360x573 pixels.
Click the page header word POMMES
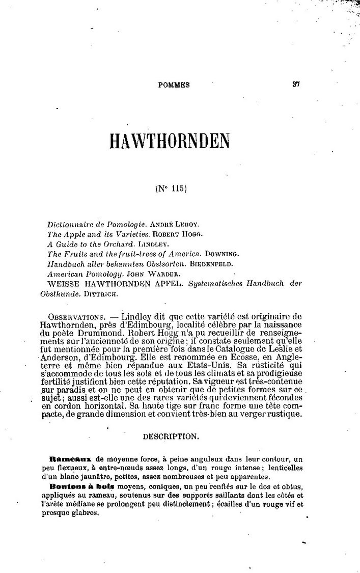tap(174, 85)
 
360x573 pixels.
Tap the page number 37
tap(296, 85)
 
